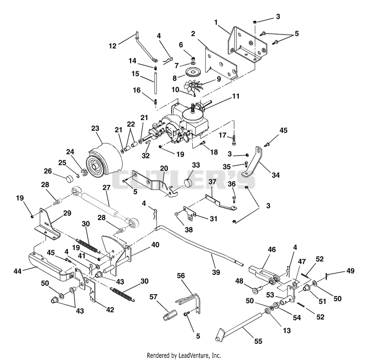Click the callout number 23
point(95,128)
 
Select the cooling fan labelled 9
point(193,86)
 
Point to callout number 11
point(236,96)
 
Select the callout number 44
point(17,271)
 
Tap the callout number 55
point(258,341)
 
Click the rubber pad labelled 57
point(170,314)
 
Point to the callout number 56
point(181,276)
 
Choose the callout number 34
point(276,175)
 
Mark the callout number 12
point(112,46)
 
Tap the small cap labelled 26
point(69,179)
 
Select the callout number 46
point(272,250)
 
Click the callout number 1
point(216,22)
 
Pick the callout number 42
point(110,310)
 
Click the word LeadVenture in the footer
point(190,355)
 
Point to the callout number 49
point(351,271)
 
